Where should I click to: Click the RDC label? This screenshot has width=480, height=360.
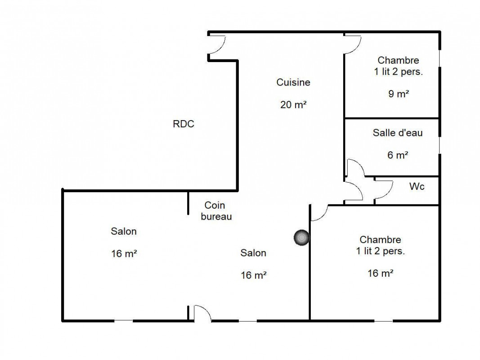pyautogui.click(x=184, y=124)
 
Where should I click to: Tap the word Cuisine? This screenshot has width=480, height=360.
pyautogui.click(x=293, y=82)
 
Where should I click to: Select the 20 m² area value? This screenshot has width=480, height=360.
pyautogui.click(x=293, y=105)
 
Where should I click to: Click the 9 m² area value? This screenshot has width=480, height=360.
pyautogui.click(x=399, y=94)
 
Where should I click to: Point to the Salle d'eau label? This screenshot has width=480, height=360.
pyautogui.click(x=398, y=133)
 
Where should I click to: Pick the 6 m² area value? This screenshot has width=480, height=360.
pyautogui.click(x=398, y=155)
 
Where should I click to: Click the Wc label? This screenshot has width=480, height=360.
pyautogui.click(x=417, y=186)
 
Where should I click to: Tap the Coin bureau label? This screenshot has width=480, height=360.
pyautogui.click(x=216, y=211)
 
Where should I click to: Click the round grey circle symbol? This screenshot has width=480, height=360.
pyautogui.click(x=301, y=238)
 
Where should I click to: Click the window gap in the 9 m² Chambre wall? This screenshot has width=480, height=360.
pyautogui.click(x=440, y=58)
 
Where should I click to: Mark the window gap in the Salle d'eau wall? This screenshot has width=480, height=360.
pyautogui.click(x=440, y=145)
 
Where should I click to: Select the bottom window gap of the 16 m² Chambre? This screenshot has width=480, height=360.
pyautogui.click(x=383, y=321)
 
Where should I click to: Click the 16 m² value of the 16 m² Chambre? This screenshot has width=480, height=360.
pyautogui.click(x=380, y=273)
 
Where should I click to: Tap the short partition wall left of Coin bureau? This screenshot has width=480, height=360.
pyautogui.click(x=188, y=202)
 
